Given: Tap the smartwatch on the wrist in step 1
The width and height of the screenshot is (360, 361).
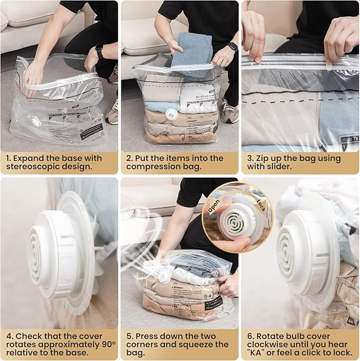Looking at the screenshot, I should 99,51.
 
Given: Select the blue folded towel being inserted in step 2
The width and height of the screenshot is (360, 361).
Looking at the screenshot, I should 191,50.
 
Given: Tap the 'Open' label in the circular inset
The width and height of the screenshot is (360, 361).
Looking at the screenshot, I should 213,207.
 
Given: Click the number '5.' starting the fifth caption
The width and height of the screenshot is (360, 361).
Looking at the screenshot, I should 129,335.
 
